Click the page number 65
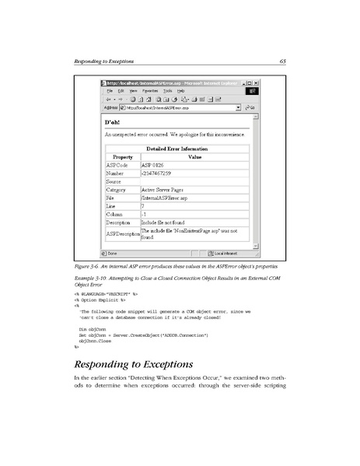coord(284,61)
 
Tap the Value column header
coord(194,156)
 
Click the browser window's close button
coord(257,82)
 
